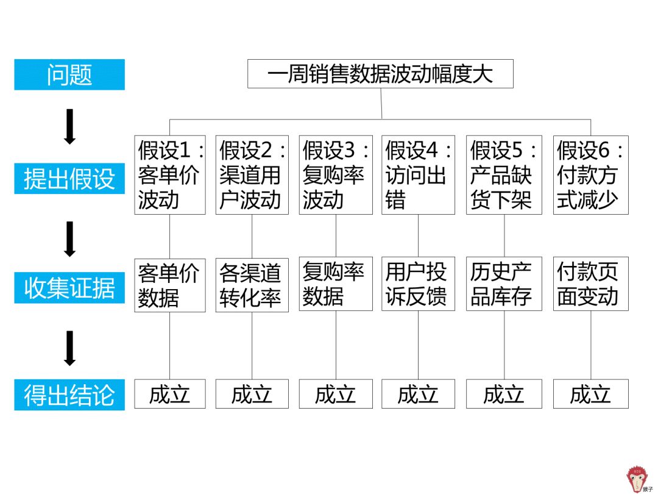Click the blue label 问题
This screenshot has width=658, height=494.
click(69, 74)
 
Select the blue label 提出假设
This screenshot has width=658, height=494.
click(69, 179)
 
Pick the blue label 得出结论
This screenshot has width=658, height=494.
click(69, 395)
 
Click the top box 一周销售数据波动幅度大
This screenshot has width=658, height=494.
click(380, 74)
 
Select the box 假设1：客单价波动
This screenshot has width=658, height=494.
click(170, 175)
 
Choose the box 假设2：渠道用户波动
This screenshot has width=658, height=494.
click(252, 175)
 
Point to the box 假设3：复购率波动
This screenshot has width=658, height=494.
click(336, 175)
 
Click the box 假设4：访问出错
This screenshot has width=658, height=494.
click(418, 175)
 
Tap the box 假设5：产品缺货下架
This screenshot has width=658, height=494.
click(504, 175)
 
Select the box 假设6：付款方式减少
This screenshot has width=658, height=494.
click(590, 175)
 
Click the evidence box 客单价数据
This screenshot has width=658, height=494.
click(170, 285)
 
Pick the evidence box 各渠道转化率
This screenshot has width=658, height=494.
click(252, 285)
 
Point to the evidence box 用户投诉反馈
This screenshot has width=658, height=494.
click(418, 285)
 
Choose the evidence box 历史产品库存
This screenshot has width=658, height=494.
click(504, 285)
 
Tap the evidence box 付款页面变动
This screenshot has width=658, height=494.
click(590, 285)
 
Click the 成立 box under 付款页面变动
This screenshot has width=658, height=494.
click(590, 394)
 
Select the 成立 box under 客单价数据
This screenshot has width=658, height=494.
click(170, 394)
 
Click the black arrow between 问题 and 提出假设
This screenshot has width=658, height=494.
click(69, 127)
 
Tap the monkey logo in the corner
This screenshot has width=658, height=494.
click(637, 479)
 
